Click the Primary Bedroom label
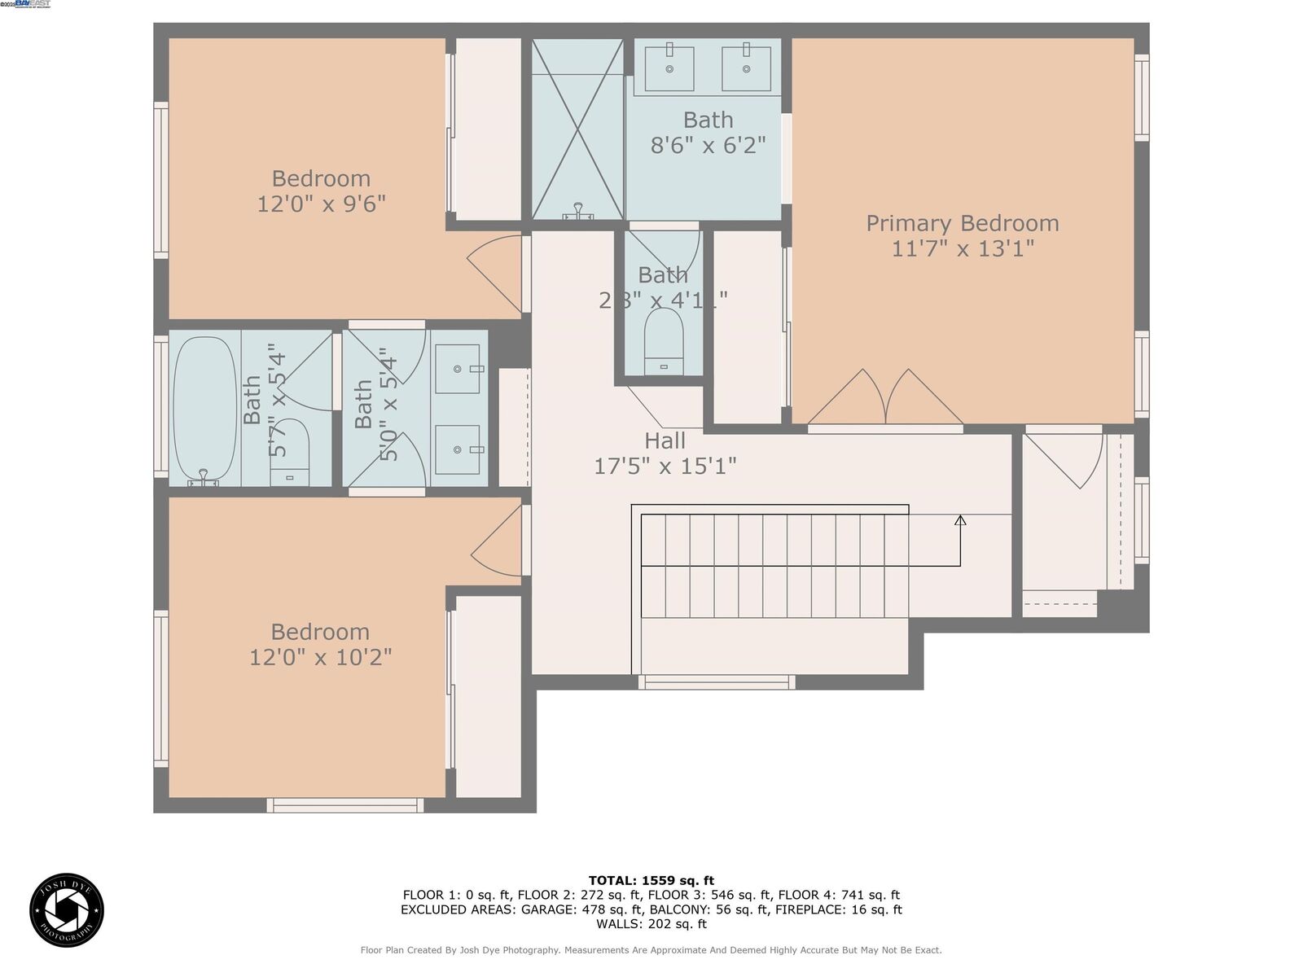click(x=962, y=223)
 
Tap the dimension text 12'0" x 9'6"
click(x=321, y=204)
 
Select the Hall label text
click(x=665, y=441)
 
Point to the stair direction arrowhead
click(x=960, y=520)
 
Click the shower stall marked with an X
click(x=577, y=129)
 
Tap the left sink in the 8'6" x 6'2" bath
click(x=669, y=69)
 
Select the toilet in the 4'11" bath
click(x=664, y=342)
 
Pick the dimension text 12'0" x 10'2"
click(x=320, y=657)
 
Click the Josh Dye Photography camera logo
click(x=67, y=910)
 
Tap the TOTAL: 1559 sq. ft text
click(x=651, y=880)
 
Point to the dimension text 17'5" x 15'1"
click(x=665, y=467)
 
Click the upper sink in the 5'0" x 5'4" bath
click(x=458, y=369)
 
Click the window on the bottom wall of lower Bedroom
click(x=345, y=805)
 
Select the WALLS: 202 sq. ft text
click(x=651, y=924)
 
